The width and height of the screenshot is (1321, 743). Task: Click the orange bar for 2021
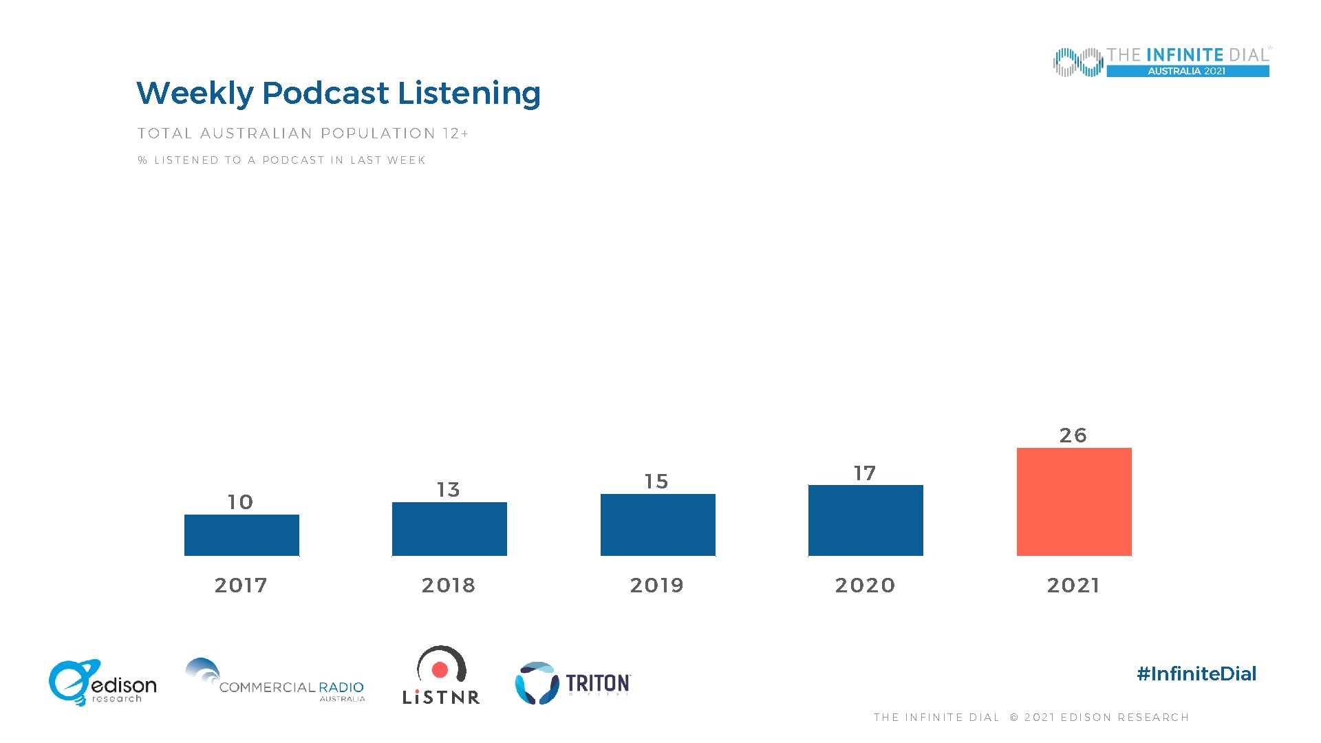coord(1074,502)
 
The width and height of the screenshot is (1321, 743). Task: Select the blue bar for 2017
coord(241,535)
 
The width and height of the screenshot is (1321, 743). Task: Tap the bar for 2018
coord(449,528)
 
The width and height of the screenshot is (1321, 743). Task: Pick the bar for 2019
coord(658,524)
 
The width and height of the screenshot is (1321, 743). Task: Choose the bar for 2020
coord(866,520)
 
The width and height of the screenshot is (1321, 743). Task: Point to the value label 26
coord(1073,435)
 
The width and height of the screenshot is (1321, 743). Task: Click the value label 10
coord(241,502)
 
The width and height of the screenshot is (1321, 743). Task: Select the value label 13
coord(449,490)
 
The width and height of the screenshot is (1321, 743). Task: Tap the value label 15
coord(656,482)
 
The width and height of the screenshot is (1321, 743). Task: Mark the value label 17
coord(865,473)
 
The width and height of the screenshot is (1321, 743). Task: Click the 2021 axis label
coord(1073,585)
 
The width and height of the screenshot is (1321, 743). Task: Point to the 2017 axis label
coord(241,585)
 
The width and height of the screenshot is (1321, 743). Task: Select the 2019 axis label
coord(656,585)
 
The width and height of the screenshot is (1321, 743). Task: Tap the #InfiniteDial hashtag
coord(1196,674)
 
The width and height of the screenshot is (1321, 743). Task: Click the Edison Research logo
coord(102,682)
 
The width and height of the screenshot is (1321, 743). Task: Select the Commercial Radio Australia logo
coord(275,681)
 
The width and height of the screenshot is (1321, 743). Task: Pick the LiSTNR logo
coord(441,676)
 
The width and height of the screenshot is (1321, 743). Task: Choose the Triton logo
coord(572,683)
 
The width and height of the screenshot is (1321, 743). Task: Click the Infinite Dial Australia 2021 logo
coord(1161,62)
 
